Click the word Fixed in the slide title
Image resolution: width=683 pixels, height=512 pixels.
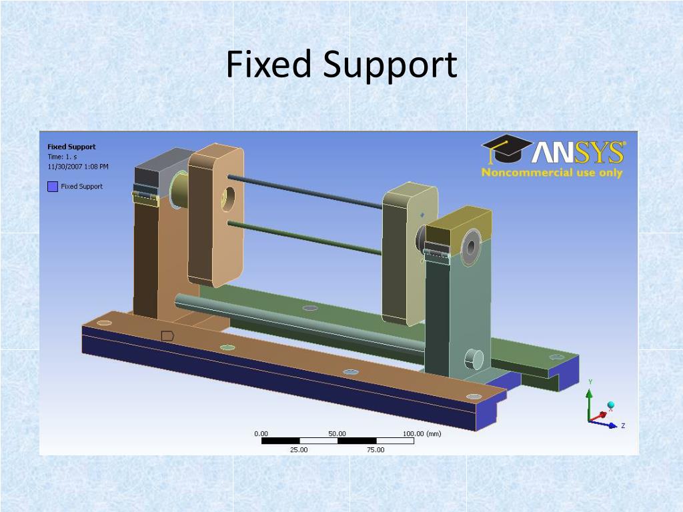[269, 65]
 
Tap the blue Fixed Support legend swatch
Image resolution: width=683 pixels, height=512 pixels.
[53, 187]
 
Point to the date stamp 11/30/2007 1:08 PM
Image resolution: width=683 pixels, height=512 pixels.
[77, 166]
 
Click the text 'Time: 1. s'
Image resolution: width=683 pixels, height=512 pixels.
[61, 157]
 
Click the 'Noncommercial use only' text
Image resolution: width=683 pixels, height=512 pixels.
[552, 173]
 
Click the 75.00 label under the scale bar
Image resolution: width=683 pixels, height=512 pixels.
[376, 450]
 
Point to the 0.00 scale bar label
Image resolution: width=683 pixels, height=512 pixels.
[261, 433]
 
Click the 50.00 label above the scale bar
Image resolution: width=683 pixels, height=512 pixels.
[337, 433]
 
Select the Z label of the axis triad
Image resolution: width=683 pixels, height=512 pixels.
[623, 425]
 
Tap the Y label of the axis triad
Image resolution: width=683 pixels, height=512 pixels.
[590, 382]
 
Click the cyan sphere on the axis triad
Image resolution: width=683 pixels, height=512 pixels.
[610, 405]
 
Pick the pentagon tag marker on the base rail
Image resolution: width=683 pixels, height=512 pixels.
[167, 336]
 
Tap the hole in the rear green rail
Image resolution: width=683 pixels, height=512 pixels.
[309, 308]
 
